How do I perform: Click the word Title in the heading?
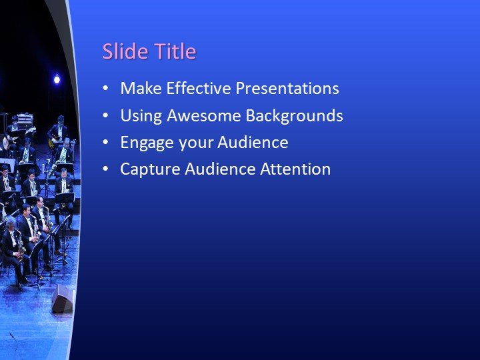[x=175, y=52]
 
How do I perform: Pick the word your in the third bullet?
[x=187, y=143]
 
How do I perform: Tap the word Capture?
[x=147, y=169]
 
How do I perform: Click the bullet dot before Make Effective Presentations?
[x=105, y=89]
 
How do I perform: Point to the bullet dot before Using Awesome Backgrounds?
[x=105, y=116]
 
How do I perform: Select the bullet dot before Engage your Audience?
[x=105, y=143]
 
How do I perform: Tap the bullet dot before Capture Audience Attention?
[x=105, y=169]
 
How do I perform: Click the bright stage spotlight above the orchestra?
[x=57, y=80]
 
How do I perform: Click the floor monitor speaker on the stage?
[x=62, y=300]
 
